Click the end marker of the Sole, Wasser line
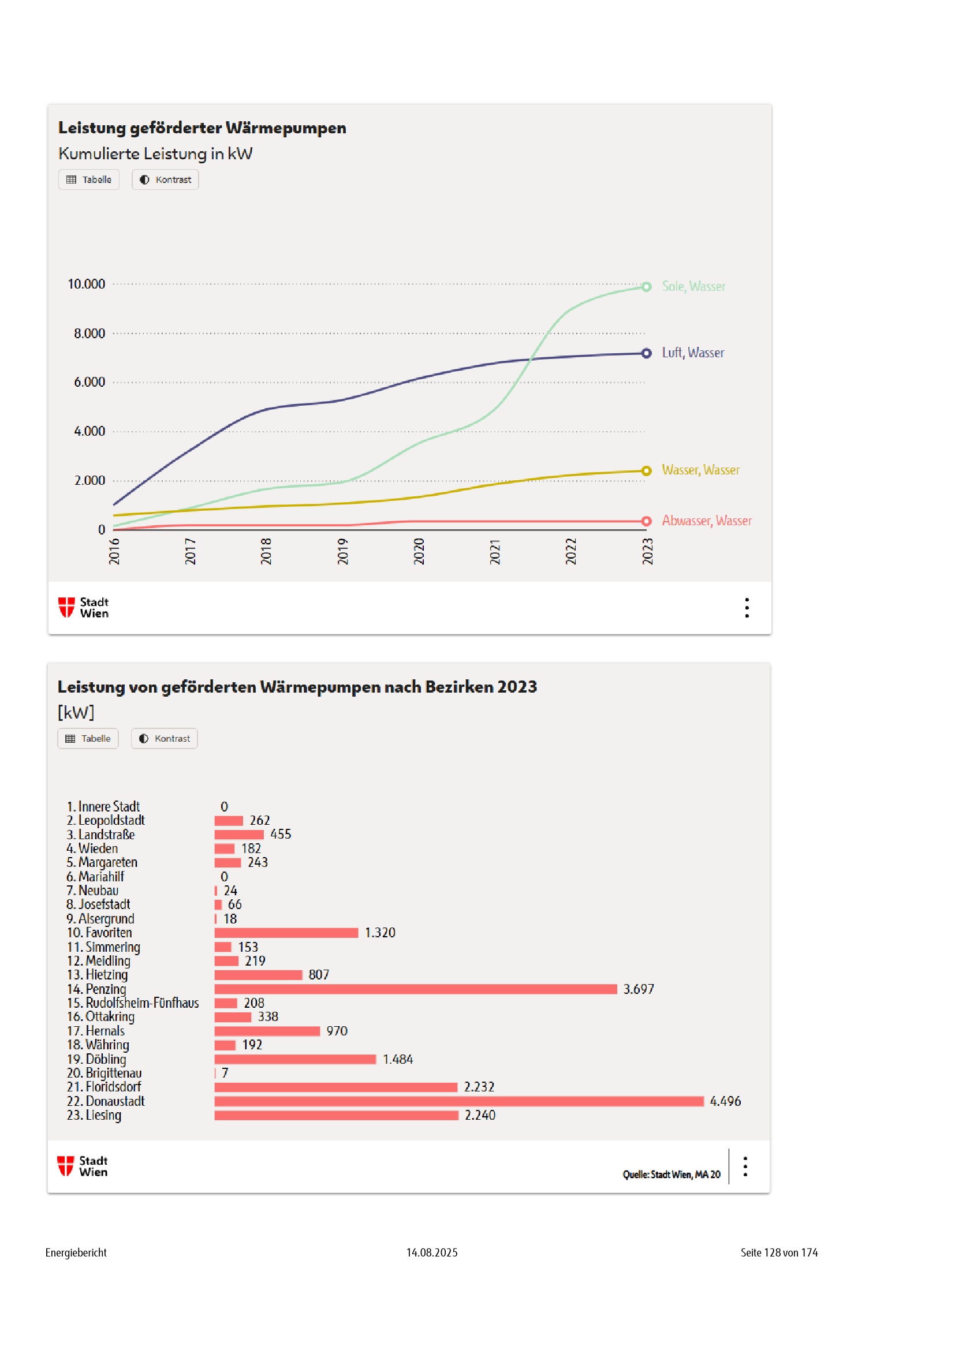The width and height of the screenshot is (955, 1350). pos(646,287)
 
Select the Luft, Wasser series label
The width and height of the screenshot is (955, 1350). pos(693,353)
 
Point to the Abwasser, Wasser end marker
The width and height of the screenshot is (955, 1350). pos(646,521)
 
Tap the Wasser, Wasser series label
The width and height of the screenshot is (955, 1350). pos(700,470)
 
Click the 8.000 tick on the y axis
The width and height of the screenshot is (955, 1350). pos(89,334)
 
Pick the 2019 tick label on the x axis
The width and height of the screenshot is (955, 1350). pos(343,551)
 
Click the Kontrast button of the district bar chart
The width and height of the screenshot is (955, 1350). pos(164,739)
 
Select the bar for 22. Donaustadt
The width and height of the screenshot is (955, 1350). pos(458,1101)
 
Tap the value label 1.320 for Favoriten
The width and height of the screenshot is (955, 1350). pos(380,933)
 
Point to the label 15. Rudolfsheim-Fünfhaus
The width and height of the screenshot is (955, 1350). pos(133,1003)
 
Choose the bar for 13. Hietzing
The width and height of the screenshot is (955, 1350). pos(258,975)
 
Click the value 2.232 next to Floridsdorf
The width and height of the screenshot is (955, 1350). pos(479,1087)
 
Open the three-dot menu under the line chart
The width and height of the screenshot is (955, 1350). pos(747,607)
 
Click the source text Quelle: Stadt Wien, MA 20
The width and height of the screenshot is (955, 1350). pos(672,1174)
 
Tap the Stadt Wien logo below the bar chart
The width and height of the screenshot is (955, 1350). pos(83,1166)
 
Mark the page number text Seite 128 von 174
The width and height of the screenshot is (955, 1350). pos(778,1252)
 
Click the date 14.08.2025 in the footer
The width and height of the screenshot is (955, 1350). pos(432,1252)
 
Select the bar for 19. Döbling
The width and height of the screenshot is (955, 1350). pos(295,1059)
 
